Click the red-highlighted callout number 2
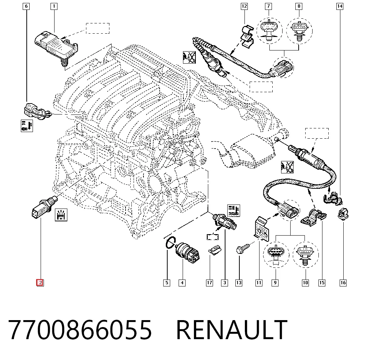[x=40, y=282]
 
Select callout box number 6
[x=26, y=6]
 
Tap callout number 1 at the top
[x=54, y=6]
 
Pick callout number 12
[x=244, y=6]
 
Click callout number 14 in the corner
[x=340, y=6]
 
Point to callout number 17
[x=209, y=283]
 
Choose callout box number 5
[x=167, y=283]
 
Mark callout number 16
[x=343, y=283]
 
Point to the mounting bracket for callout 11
[x=261, y=229]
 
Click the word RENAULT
[x=232, y=330]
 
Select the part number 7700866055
[x=80, y=330]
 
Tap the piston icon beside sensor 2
[x=61, y=215]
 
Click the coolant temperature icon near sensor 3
[x=234, y=211]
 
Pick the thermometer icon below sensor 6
[x=27, y=126]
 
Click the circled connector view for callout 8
[x=299, y=31]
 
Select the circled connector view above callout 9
[x=276, y=255]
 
